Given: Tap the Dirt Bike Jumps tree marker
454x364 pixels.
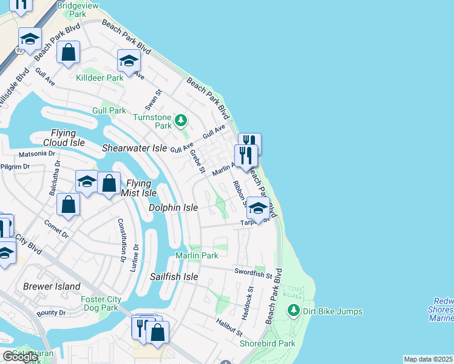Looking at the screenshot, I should coord(294,311).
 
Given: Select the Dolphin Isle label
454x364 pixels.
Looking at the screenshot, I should coord(174,207).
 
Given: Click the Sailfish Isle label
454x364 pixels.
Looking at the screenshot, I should coord(174,277).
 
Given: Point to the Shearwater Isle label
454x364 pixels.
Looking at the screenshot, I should coord(134,148).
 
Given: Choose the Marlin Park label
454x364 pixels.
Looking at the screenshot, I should coord(197,256).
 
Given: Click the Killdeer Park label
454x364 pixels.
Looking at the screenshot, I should coord(100,78).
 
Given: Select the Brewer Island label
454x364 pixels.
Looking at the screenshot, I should coord(52,286).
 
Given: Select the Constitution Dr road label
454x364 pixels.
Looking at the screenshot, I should coord(122,236).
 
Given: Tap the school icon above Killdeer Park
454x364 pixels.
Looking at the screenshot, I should coord(129,61).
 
